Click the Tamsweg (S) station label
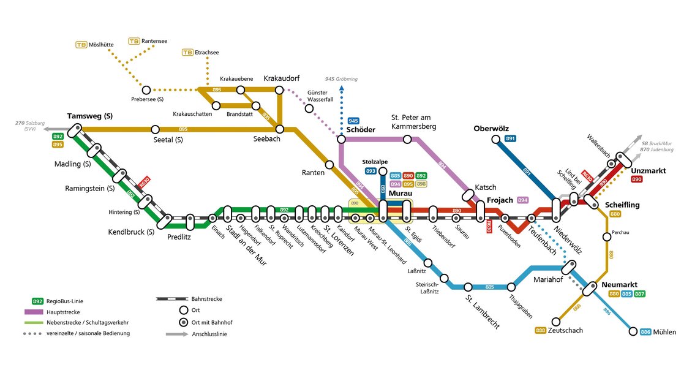coord(90,116)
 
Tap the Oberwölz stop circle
coord(495,140)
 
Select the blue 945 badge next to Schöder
coord(353,121)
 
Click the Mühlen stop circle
coord(633,331)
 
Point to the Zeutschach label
coord(565,330)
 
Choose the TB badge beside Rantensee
coord(134,41)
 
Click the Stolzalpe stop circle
coord(383,172)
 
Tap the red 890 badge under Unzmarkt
coord(636,179)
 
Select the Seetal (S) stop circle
coord(155,129)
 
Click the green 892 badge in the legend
coord(37,301)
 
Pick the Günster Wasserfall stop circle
coord(309,108)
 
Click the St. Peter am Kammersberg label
coord(414,121)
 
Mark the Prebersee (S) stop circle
coord(146,89)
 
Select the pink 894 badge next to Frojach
coord(522,200)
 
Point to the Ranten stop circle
coord(329,164)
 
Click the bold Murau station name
coord(401,193)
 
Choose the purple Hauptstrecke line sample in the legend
coord(37,312)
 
